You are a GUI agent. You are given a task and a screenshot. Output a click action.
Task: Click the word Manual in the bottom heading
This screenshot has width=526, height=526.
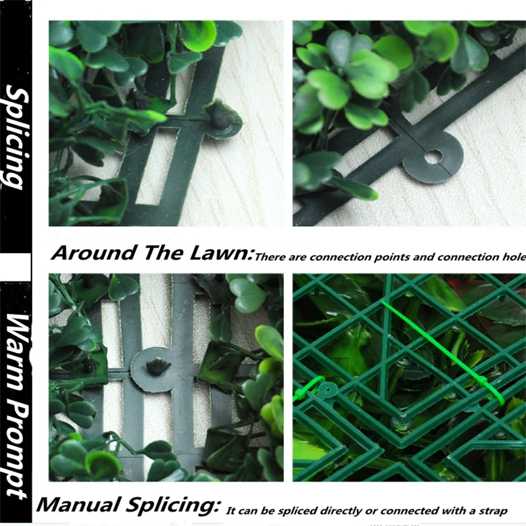point(78,504)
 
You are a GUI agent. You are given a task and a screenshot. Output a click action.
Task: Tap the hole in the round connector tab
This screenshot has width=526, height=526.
point(433,156)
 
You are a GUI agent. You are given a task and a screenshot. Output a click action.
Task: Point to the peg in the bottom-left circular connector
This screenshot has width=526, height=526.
point(158,366)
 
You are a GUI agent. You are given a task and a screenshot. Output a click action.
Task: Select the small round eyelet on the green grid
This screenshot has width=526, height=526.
point(327,390)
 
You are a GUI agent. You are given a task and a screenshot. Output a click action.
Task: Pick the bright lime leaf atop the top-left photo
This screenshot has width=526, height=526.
point(198,36)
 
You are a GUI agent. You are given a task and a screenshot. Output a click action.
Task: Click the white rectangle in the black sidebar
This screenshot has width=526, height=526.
point(15,267)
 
